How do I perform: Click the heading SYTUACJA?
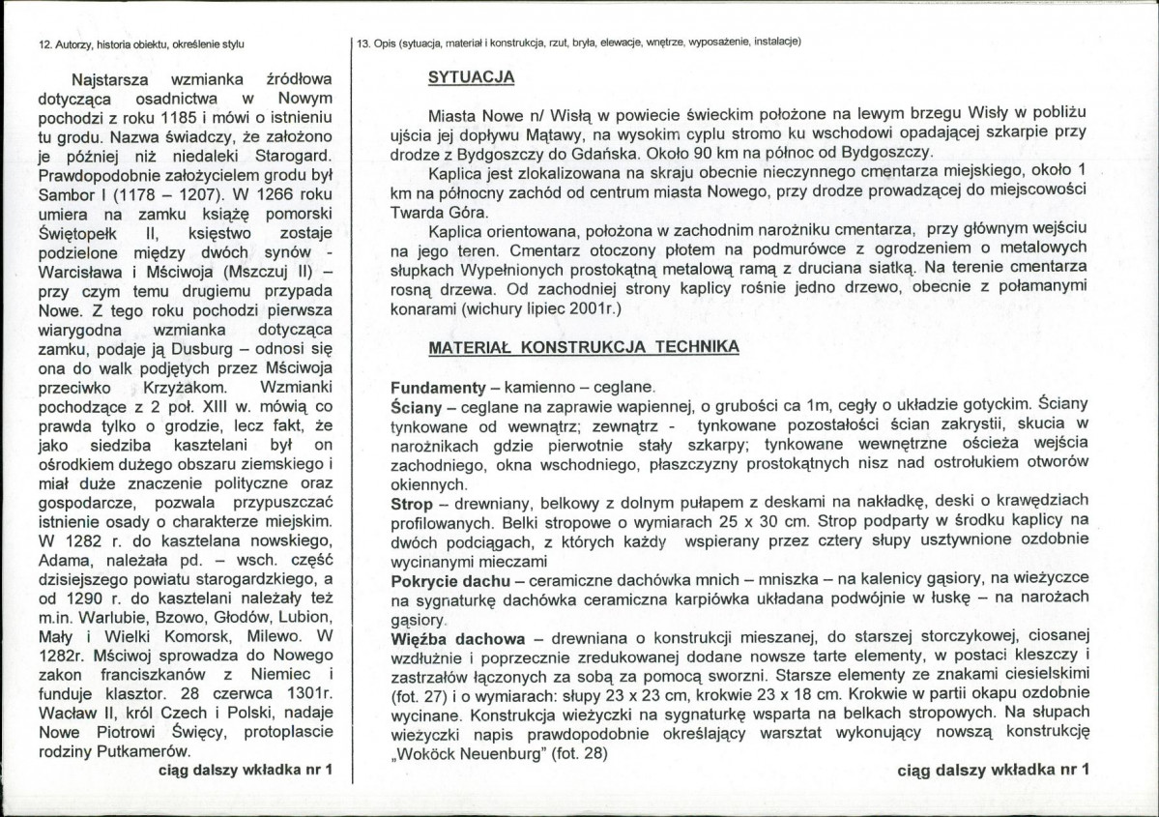(471, 78)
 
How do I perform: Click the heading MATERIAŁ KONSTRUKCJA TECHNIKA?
(584, 346)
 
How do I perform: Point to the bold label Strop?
(412, 503)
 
